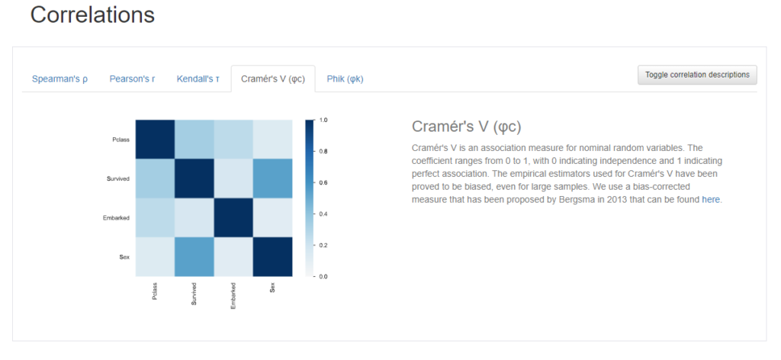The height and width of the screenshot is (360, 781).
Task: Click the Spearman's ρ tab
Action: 59,79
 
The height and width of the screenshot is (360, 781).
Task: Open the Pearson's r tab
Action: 132,79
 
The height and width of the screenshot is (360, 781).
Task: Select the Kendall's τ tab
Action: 198,79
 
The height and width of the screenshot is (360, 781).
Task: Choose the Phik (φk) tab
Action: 346,79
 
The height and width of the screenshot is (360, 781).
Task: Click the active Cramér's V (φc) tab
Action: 273,79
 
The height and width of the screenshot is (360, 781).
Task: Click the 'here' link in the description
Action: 711,200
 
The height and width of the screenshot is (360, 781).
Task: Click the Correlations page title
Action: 92,15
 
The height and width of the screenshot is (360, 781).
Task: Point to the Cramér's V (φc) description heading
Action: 466,127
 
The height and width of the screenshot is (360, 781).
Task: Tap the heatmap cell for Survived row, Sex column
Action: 272,178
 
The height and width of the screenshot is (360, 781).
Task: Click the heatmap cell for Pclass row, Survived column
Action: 194,140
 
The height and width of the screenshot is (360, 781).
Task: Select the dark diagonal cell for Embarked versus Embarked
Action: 233,217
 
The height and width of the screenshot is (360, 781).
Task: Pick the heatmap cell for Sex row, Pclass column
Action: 156,256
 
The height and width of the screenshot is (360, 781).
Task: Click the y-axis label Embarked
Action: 116,217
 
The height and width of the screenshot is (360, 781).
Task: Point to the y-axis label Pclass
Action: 121,140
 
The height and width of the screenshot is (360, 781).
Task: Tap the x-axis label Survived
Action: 194,294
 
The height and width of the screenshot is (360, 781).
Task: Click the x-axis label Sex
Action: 272,288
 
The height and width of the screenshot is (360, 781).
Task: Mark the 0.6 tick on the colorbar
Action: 323,183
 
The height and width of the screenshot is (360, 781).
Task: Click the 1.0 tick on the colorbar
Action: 323,120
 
